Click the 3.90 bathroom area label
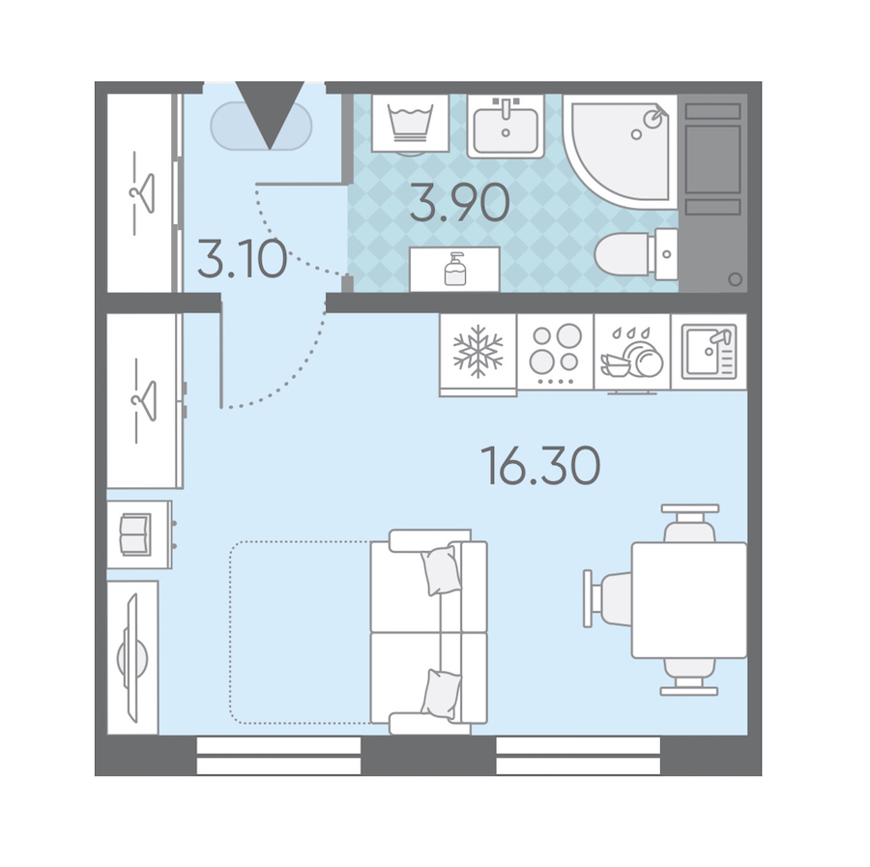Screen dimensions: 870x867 [460, 203]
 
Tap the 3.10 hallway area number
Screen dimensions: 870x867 [243, 259]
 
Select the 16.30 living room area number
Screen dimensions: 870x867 [540, 465]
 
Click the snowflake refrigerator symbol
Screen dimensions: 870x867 [478, 352]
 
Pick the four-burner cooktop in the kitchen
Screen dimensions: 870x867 [556, 352]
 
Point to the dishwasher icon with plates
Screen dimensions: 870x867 [632, 353]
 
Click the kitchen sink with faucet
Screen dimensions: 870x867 [710, 352]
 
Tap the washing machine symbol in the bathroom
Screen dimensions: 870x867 [411, 123]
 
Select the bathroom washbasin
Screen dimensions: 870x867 [506, 126]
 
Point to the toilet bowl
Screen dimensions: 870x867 [636, 254]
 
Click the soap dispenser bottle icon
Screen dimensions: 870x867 [455, 269]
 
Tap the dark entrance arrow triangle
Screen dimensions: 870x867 [270, 115]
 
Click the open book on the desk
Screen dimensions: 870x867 [135, 535]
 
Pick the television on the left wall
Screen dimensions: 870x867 [132, 658]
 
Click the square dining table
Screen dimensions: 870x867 [689, 600]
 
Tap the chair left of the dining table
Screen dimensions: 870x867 [607, 599]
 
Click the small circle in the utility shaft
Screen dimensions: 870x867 [736, 279]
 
